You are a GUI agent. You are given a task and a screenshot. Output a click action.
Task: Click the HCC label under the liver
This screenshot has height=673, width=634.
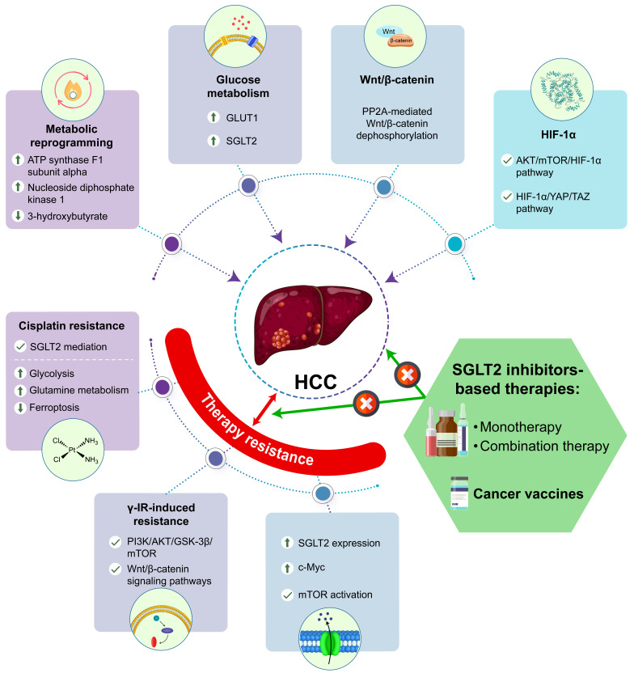tap(315, 382)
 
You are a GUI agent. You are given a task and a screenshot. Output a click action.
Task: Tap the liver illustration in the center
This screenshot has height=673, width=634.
tap(312, 324)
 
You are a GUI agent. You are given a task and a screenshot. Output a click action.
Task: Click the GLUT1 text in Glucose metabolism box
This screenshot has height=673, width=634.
tap(242, 117)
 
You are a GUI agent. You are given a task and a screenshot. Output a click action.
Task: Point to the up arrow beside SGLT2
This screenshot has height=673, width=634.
tap(213, 141)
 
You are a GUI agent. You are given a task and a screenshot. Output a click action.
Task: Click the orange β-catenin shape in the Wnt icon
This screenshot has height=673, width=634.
tap(400, 41)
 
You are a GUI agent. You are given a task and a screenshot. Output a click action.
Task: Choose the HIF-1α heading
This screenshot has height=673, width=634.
tap(558, 135)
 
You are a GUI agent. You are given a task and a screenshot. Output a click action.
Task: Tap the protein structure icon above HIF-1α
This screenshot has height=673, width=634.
tap(561, 91)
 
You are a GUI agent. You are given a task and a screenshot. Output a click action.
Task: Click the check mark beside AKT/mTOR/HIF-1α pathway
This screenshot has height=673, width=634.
tap(507, 160)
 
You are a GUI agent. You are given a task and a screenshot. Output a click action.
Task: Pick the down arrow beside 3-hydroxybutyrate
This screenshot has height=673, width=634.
tap(18, 215)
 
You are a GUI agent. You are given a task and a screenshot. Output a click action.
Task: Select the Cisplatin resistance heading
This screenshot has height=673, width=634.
tap(72, 326)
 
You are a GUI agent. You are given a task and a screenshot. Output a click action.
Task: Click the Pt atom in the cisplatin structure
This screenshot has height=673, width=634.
tap(72, 450)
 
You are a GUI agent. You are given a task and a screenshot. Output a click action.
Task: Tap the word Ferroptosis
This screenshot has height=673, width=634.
tap(54, 408)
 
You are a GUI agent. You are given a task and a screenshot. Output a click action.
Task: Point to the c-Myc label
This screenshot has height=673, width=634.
tap(311, 567)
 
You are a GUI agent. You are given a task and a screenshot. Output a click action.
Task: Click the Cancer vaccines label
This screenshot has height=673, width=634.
tap(528, 493)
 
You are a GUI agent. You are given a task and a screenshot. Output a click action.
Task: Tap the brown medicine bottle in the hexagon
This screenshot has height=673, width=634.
tap(446, 433)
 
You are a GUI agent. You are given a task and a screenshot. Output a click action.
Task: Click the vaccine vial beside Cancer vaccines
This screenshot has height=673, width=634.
tap(459, 493)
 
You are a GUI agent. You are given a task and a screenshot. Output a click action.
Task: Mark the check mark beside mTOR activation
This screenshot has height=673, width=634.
tap(287, 595)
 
